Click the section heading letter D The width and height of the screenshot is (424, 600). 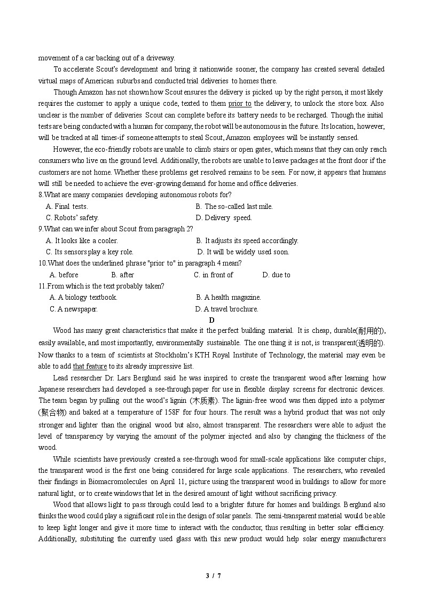coord(211,320)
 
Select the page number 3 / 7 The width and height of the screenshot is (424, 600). coord(213,575)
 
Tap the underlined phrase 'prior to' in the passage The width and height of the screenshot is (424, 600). coord(240,104)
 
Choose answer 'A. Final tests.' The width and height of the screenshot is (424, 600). coord(67,206)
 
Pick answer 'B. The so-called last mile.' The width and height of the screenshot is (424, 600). coord(234,206)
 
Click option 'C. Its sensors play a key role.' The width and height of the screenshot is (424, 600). coord(90,252)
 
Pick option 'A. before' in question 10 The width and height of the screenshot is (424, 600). coord(64,275)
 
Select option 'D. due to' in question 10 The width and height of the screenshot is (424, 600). coord(276,275)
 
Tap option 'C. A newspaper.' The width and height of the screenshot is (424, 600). coord(74,309)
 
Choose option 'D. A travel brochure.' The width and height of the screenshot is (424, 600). coord(227,309)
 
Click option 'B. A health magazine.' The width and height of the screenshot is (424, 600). coord(228,297)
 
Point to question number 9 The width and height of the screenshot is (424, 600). coord(41,229)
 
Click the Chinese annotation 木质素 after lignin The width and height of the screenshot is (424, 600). coord(205,401)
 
